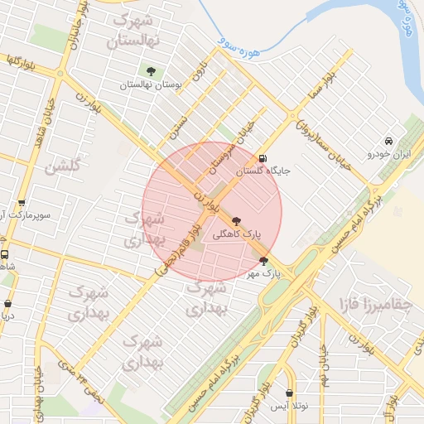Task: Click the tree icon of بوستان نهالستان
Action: [x=151, y=71]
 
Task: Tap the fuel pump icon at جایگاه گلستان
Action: [x=263, y=159]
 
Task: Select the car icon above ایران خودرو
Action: [x=388, y=141]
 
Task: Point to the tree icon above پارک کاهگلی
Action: [x=238, y=221]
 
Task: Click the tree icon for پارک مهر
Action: [x=264, y=261]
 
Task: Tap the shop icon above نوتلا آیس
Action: [x=289, y=393]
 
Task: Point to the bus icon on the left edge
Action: [x=4, y=255]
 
